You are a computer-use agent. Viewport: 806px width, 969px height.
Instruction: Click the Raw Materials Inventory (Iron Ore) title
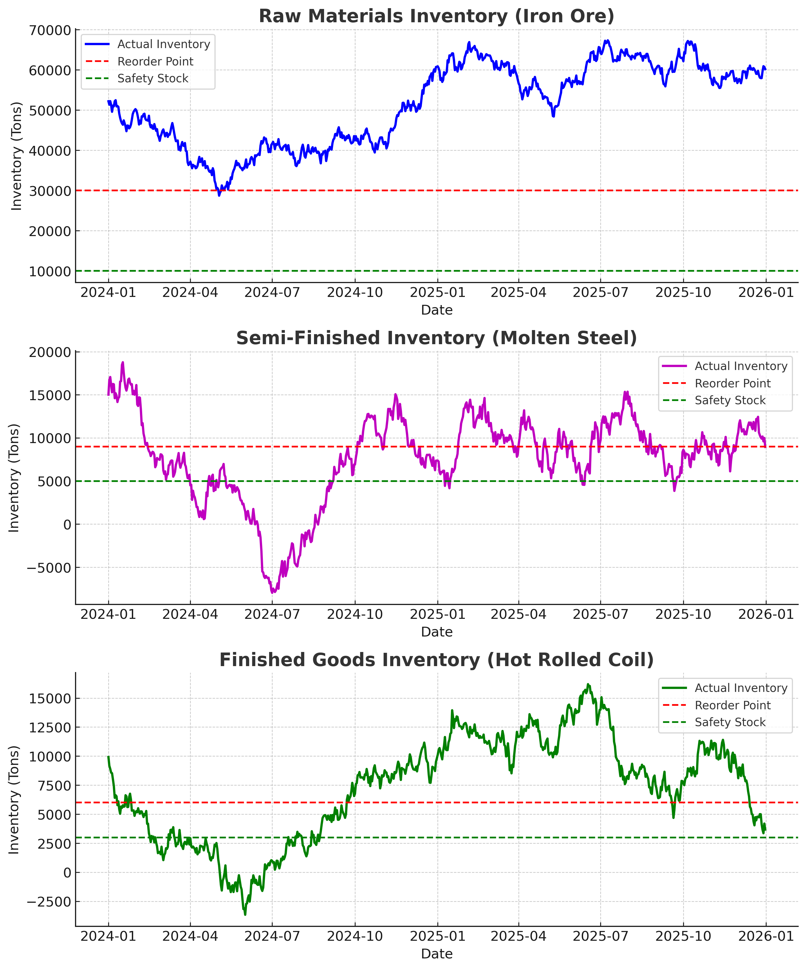coord(436,16)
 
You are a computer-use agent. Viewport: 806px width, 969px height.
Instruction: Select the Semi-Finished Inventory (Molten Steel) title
coord(436,338)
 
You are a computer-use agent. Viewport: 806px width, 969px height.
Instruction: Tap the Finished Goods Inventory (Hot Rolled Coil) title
coord(436,660)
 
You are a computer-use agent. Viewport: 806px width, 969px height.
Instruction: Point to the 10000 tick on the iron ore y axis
coord(50,271)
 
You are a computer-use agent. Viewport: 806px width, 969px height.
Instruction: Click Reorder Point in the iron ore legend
coord(155,61)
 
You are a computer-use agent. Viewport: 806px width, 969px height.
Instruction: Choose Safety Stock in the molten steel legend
coord(730,400)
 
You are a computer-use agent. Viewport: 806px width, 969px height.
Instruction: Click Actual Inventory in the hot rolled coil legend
coord(740,688)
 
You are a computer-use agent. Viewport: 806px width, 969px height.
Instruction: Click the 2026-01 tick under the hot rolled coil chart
coord(765,937)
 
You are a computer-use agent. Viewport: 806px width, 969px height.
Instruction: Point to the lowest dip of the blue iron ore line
coord(219,195)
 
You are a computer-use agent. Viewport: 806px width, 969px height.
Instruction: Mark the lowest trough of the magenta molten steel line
coord(273,592)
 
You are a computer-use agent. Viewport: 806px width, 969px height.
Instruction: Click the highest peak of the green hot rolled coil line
coord(588,685)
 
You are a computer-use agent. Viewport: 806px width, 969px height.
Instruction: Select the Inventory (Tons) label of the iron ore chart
coord(17,156)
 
